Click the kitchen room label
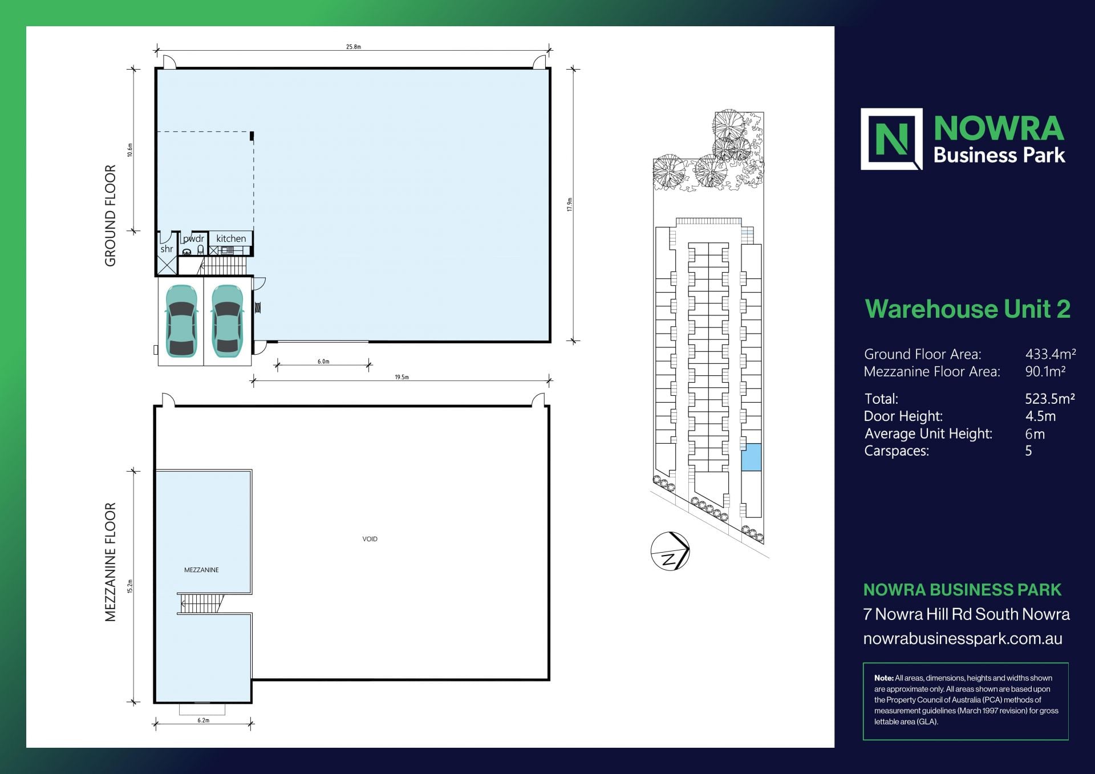click(x=231, y=238)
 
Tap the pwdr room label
click(x=193, y=238)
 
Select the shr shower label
click(x=167, y=249)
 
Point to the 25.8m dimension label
click(x=354, y=47)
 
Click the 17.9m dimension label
click(x=569, y=205)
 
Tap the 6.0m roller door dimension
click(x=323, y=362)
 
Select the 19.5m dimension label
click(x=401, y=377)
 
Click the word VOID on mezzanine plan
click(x=370, y=539)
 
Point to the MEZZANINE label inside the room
click(x=201, y=570)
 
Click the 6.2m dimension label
click(x=204, y=720)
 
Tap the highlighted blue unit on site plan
click(x=751, y=457)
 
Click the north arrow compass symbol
click(x=670, y=551)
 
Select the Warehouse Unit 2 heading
click(x=967, y=309)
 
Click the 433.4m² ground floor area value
click(x=1050, y=354)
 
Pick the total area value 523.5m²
click(x=1049, y=399)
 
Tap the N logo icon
click(x=891, y=139)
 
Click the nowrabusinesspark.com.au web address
click(x=962, y=638)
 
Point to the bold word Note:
click(x=883, y=678)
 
